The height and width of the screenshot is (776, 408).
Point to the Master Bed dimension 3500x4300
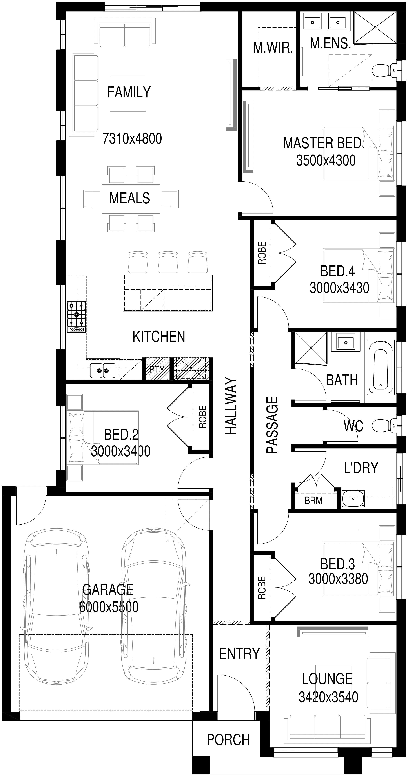click(326, 160)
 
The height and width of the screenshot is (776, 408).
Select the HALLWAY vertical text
click(231, 406)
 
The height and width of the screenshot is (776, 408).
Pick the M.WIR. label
click(273, 48)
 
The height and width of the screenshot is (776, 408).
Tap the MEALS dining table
click(131, 199)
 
